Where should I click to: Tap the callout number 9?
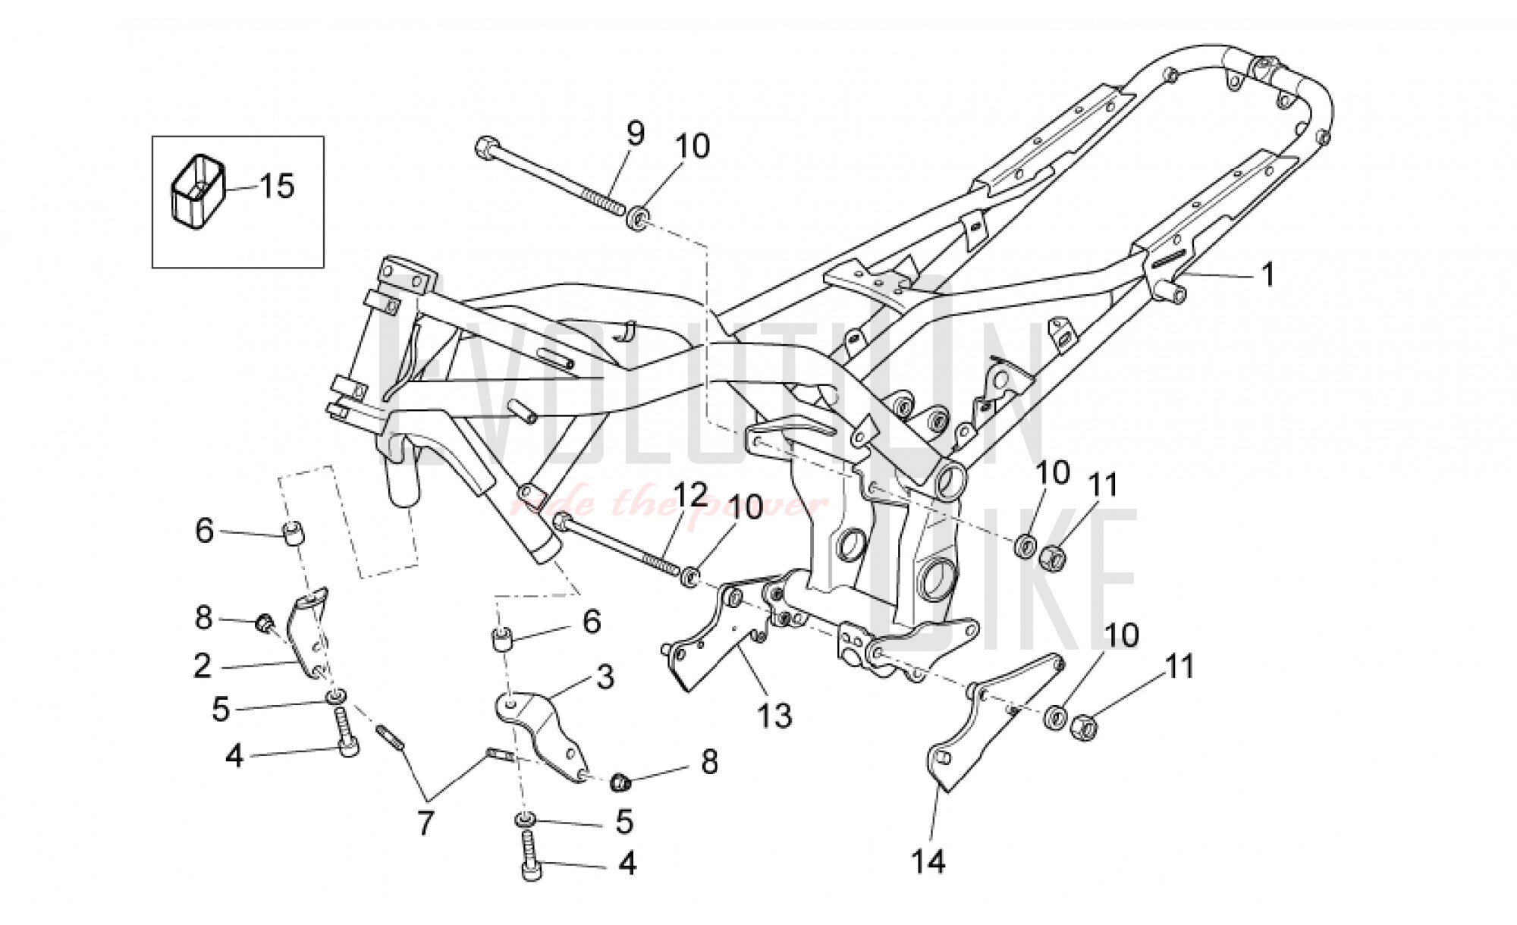click(635, 133)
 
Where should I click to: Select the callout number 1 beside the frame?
click(1267, 274)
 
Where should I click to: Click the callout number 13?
click(775, 715)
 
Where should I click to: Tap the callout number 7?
click(425, 823)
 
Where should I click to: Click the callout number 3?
click(605, 677)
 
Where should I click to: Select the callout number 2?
click(202, 666)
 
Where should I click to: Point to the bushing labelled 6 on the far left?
click(293, 534)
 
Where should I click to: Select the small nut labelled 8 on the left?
click(265, 623)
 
